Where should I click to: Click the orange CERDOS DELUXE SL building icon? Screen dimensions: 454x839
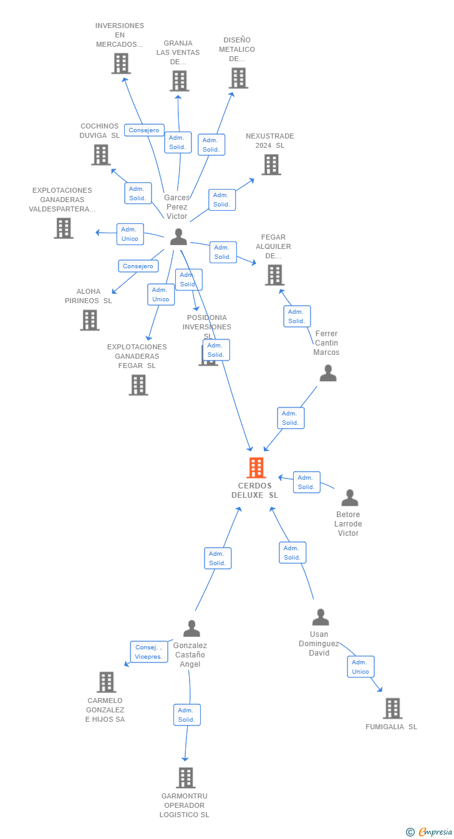256,467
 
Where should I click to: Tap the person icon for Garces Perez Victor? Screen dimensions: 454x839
178,237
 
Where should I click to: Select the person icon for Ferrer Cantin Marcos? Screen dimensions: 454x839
328,373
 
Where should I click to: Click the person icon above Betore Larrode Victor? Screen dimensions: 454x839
350,497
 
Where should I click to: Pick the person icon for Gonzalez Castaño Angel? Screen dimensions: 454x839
192,629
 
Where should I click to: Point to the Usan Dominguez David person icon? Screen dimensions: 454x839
321,618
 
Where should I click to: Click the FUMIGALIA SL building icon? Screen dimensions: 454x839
392,708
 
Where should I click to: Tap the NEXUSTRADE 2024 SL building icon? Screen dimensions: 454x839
271,165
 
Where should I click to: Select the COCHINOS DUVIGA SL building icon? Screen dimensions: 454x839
101,155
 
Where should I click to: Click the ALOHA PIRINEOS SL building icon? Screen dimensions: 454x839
90,320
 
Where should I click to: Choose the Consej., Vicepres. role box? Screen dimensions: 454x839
149,652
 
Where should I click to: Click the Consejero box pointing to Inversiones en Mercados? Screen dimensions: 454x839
144,130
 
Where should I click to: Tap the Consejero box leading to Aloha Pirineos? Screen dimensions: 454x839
138,266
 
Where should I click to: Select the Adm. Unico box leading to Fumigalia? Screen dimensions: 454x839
360,667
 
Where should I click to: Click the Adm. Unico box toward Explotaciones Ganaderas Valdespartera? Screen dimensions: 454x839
130,234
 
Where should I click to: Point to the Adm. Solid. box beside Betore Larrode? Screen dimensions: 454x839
306,482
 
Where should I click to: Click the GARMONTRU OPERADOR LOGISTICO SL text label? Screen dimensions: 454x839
185,805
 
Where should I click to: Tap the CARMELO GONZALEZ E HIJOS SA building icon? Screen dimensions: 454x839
107,682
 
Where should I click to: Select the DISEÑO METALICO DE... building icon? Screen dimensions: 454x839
238,78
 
